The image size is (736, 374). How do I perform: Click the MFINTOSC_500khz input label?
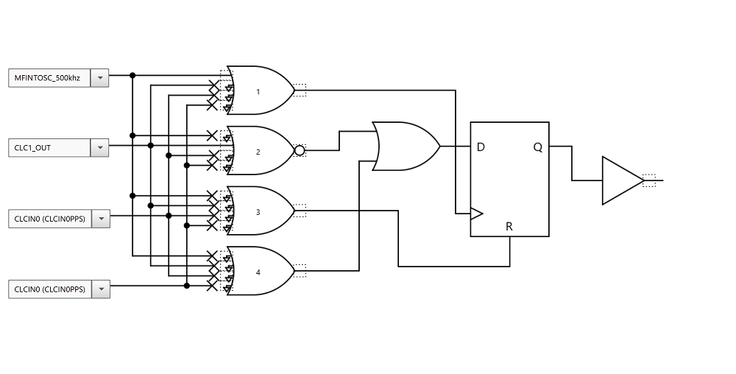49,77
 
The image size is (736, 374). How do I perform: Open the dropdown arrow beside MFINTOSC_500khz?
99,77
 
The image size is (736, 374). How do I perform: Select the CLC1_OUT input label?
49,148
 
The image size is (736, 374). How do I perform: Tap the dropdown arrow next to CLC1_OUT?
99,148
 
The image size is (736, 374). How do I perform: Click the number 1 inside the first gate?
258,92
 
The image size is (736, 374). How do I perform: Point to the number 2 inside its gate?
258,152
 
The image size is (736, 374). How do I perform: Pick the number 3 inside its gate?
258,212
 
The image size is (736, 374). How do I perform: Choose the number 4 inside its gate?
258,272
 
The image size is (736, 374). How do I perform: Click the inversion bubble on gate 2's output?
300,151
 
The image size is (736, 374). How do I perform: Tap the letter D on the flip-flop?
481,147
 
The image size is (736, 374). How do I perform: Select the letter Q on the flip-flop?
538,147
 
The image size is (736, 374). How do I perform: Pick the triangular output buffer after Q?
620,180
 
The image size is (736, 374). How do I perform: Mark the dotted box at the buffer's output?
648,180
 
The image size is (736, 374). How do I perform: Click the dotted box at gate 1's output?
300,91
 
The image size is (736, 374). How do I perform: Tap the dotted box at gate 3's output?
300,211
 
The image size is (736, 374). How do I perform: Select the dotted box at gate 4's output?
300,271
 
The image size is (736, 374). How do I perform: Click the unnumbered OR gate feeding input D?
406,147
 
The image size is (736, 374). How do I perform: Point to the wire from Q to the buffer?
572,163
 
